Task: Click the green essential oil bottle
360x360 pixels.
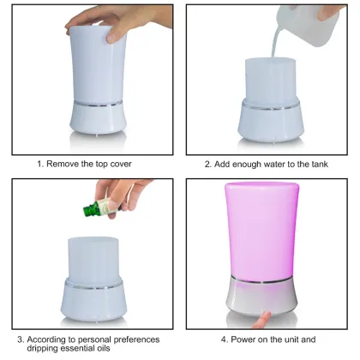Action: coord(93,207)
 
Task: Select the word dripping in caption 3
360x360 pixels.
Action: coord(50,350)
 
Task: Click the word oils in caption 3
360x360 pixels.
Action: coord(123,350)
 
